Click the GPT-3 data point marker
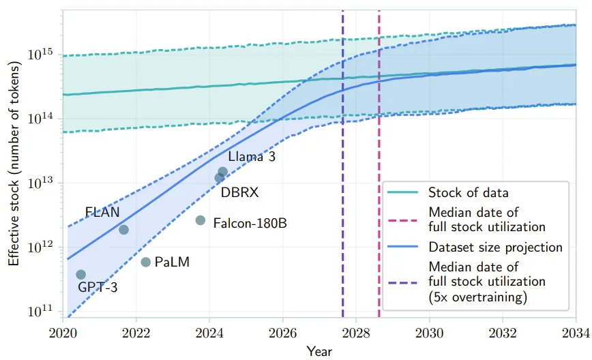point(80,274)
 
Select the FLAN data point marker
point(123,229)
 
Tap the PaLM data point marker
point(145,262)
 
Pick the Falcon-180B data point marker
point(201,220)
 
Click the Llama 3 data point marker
point(222,172)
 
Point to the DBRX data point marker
point(219,178)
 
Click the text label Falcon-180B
point(250,222)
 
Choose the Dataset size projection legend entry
point(495,246)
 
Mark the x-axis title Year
point(319,351)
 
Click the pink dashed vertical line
point(379,102)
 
